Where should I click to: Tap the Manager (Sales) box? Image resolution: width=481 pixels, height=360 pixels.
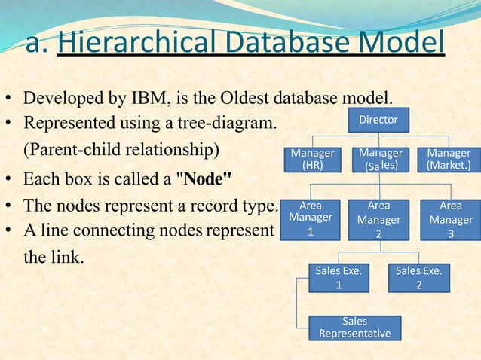click(x=381, y=159)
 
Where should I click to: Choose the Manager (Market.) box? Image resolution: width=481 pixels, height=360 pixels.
click(x=449, y=159)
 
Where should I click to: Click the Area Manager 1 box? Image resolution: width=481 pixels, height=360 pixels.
click(x=311, y=218)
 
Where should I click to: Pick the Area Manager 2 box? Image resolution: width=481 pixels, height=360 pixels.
click(x=378, y=218)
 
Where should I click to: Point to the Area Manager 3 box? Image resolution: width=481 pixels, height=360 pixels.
click(x=450, y=218)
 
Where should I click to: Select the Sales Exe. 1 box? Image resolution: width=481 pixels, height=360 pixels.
click(x=338, y=278)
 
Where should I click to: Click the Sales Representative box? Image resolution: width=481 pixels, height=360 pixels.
click(x=354, y=328)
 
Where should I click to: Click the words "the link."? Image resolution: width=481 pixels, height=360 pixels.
click(x=54, y=258)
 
